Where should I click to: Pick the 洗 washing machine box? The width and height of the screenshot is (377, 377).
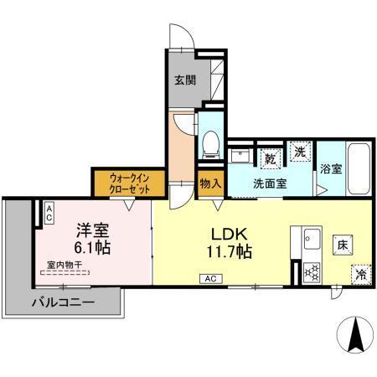[301, 152]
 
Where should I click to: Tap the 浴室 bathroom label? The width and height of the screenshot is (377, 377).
[330, 168]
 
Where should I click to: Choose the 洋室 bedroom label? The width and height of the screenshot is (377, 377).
[92, 229]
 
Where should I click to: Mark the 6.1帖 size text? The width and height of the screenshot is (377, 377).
[90, 248]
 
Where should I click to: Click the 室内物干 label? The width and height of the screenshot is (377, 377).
[65, 265]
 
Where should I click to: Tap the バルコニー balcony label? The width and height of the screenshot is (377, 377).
[63, 302]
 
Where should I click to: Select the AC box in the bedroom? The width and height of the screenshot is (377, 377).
[49, 213]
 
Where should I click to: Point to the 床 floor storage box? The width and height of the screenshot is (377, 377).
[342, 245]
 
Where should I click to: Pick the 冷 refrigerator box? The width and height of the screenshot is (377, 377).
[360, 274]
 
